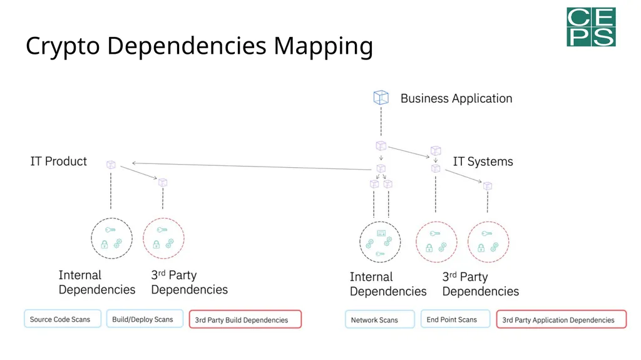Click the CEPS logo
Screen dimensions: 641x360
click(591, 27)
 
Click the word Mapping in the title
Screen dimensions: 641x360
click(323, 46)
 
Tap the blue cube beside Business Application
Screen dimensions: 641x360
click(381, 98)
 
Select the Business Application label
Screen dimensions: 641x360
click(456, 98)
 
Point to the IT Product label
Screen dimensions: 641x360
click(58, 161)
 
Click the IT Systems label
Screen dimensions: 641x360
click(483, 162)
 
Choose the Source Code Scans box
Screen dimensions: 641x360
click(63, 319)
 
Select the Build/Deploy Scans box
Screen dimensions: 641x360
click(145, 319)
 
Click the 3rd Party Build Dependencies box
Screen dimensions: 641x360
click(245, 319)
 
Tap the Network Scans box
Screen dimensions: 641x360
click(380, 319)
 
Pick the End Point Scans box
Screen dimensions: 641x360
click(456, 319)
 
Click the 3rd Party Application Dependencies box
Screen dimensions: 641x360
click(562, 319)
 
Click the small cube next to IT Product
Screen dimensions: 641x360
click(111, 165)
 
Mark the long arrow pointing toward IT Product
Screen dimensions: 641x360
click(252, 166)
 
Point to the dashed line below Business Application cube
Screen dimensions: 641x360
click(381, 121)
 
